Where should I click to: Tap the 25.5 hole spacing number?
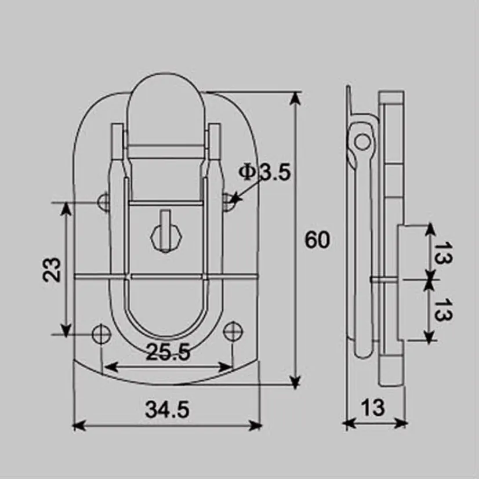pos(168,353)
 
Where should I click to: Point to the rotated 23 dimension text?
pos(53,268)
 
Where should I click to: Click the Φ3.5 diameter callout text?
pos(264,172)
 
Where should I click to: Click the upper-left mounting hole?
pos(104,201)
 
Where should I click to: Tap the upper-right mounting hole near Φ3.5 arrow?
pos(229,201)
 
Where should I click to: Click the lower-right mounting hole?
pos(233,332)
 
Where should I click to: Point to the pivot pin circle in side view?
pos(362,140)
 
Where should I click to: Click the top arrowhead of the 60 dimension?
pos(296,97)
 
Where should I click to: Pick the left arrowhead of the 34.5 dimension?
pos(79,425)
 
